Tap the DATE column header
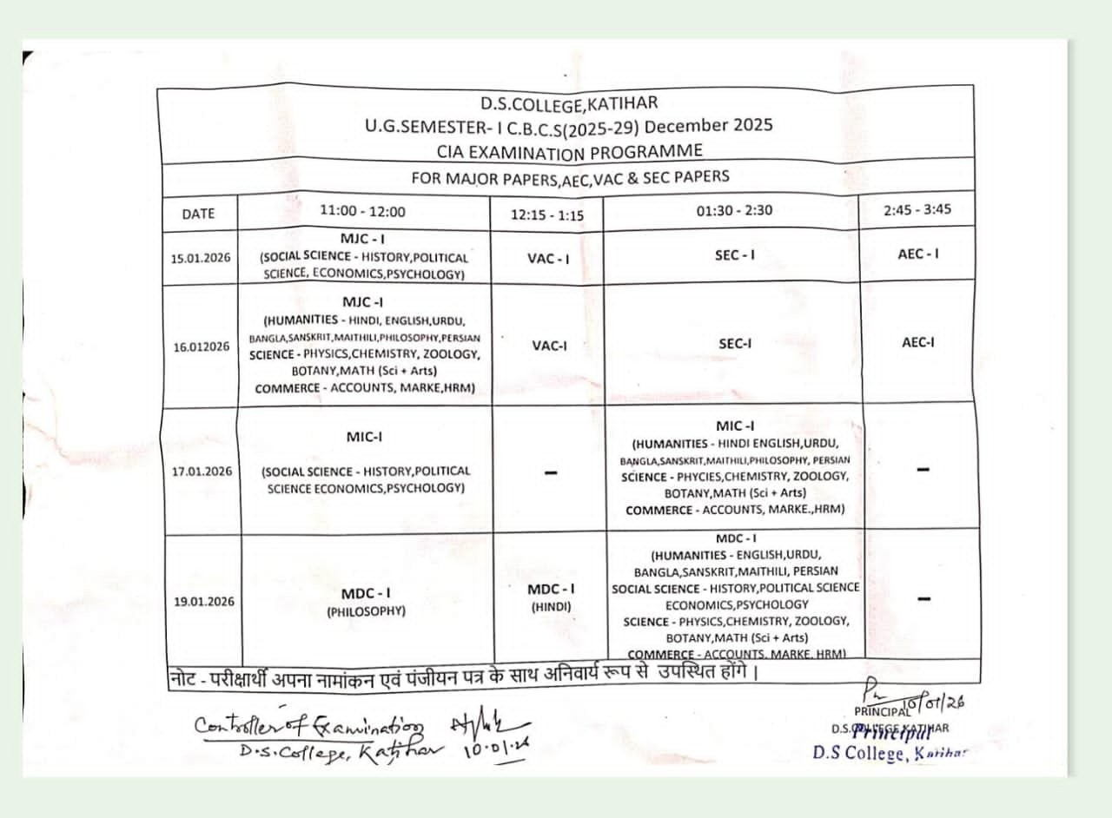(x=198, y=214)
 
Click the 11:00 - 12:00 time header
(x=362, y=211)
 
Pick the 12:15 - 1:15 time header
(x=547, y=215)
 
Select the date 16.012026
(x=201, y=346)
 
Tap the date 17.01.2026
(x=202, y=472)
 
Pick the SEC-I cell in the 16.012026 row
(x=735, y=343)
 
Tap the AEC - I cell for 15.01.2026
(x=918, y=254)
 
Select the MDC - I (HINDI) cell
(x=552, y=597)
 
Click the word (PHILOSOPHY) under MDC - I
(x=366, y=611)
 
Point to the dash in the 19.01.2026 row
(x=923, y=598)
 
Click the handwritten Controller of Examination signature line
(x=309, y=727)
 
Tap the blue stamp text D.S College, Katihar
(x=890, y=753)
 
